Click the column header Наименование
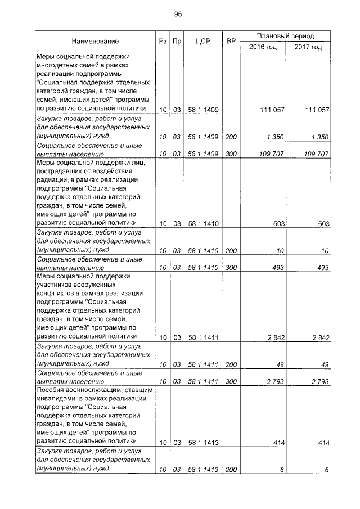tap(95, 42)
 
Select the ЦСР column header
tap(203, 42)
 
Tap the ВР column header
tap(230, 42)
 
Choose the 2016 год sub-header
tap(263, 47)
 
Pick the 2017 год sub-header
tap(308, 47)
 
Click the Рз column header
tap(161, 42)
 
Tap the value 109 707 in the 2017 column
tap(315, 154)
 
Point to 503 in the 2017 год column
tap(323, 224)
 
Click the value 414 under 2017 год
tap(323, 443)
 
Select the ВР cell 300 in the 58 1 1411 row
tap(230, 381)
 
